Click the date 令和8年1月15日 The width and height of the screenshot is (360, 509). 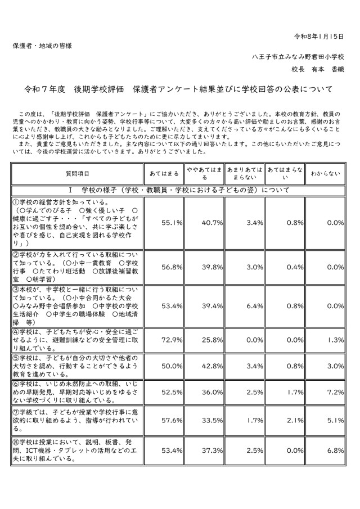tap(319, 36)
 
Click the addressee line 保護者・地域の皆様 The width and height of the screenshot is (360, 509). tap(42, 46)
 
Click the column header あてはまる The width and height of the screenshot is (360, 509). tap(163, 174)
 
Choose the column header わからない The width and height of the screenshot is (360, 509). tap(326, 174)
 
